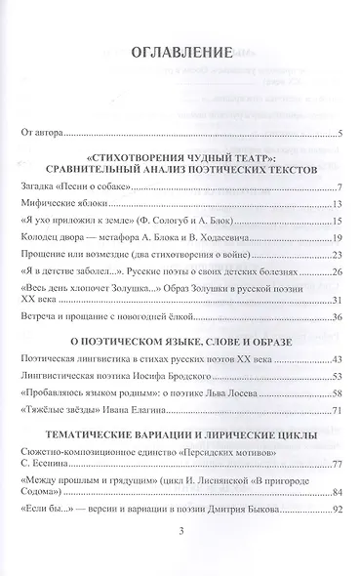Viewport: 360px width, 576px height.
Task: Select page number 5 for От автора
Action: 337,135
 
